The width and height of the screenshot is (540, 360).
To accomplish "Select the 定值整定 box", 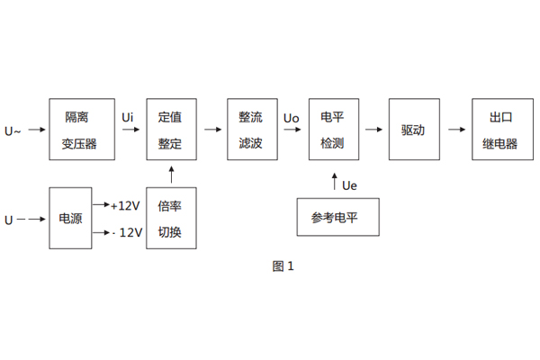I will pos(170,130).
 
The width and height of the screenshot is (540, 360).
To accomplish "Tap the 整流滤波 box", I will pos(251,130).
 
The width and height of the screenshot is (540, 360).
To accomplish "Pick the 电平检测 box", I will pos(332,130).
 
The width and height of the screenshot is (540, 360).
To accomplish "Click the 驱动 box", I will pos(413,130).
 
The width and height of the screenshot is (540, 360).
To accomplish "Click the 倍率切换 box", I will pos(170,219).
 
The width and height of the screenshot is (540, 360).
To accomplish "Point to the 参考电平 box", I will pos(337,218).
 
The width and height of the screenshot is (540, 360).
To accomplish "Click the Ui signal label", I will pos(129,117).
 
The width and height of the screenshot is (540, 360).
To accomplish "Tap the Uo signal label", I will pos(291,118).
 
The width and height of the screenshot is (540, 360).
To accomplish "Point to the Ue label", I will pos(350,185).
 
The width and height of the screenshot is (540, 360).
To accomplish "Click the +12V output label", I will pos(126,206).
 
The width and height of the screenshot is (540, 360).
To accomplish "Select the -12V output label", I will pos(126,232).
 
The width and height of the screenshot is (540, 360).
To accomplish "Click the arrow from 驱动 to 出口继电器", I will pos(456,130).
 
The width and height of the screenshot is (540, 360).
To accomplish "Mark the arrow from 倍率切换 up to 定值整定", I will pos(170,175).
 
